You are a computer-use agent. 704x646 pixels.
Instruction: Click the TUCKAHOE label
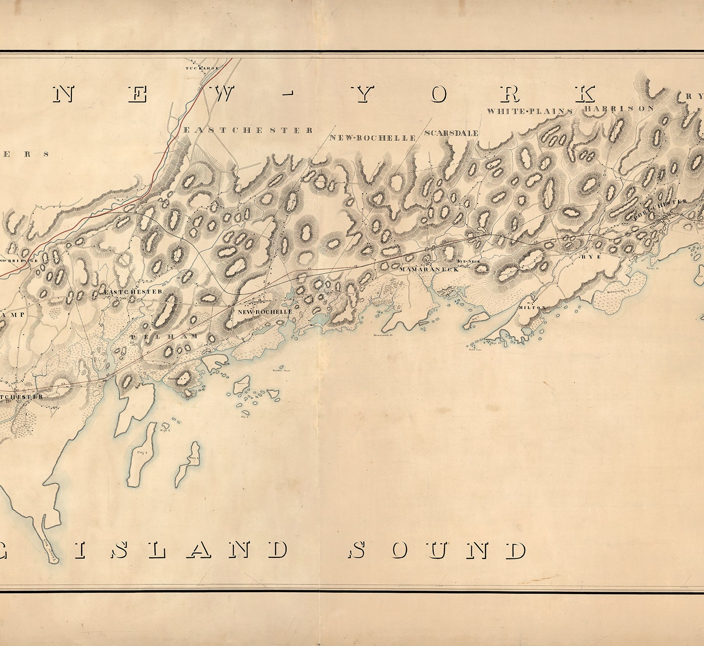point(201,68)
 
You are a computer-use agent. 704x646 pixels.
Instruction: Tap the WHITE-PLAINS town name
point(529,112)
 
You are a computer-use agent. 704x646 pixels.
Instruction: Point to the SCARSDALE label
point(451,133)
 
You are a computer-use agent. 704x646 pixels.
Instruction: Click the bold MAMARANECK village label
point(429,269)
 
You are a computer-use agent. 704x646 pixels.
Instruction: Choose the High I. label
point(165,430)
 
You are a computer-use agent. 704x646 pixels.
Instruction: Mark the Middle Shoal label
point(281,371)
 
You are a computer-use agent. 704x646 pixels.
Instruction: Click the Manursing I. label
point(617,292)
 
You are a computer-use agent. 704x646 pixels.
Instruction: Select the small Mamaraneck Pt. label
point(384,336)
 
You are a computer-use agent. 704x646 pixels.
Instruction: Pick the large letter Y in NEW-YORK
point(365,94)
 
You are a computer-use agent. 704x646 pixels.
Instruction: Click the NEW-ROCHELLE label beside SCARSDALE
point(373,138)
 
